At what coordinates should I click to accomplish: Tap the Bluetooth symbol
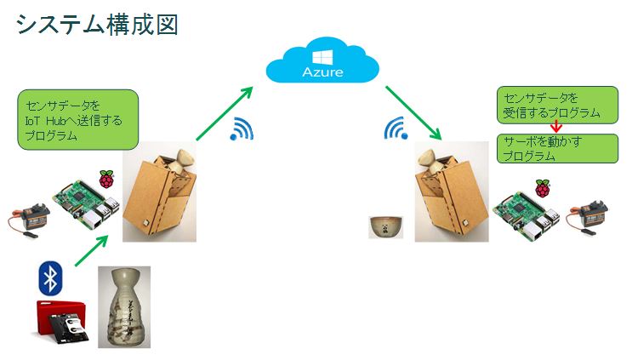(x=51, y=279)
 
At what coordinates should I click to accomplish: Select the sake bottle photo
(x=123, y=308)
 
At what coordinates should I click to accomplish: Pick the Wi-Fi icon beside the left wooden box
(x=242, y=129)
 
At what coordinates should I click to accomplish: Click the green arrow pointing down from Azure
(x=414, y=111)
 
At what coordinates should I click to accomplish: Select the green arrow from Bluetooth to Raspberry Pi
(x=92, y=250)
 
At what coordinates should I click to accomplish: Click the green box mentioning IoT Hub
(x=77, y=120)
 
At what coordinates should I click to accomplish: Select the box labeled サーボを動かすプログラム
(x=557, y=148)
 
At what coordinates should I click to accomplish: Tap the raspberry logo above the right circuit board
(x=542, y=187)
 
